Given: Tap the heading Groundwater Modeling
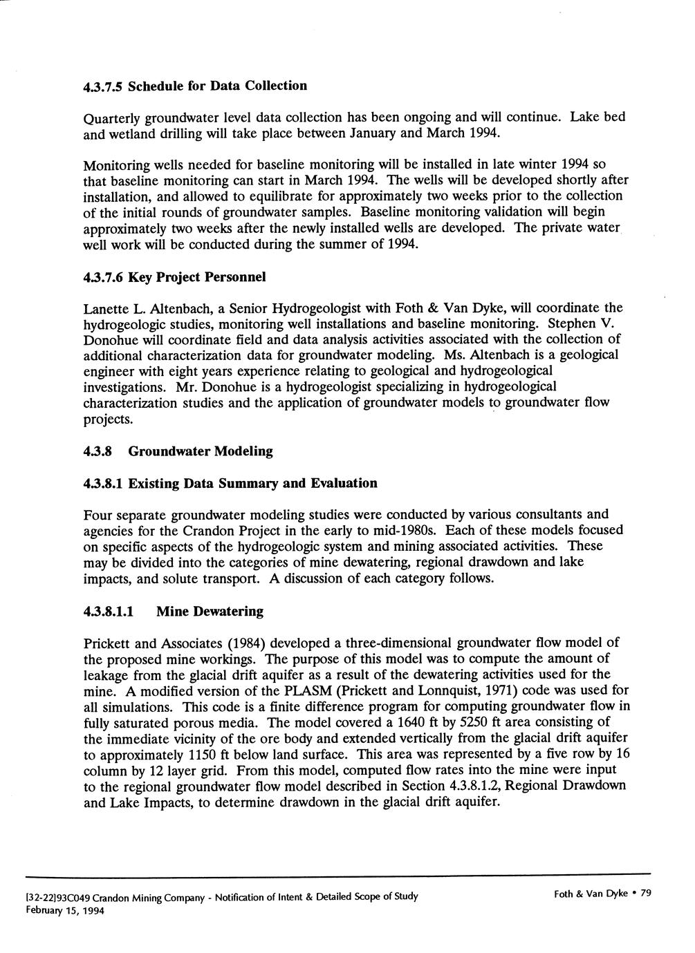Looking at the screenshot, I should [201, 451].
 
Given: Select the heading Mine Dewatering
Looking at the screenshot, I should [210, 611].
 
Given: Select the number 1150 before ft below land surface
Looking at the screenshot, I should [208, 755].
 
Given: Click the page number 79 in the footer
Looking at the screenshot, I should [646, 894].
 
